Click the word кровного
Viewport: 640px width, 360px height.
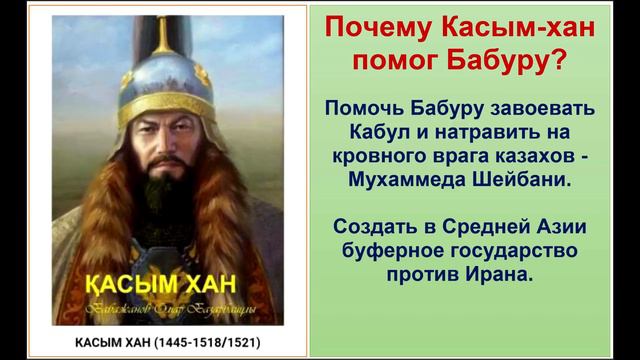click(373, 157)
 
